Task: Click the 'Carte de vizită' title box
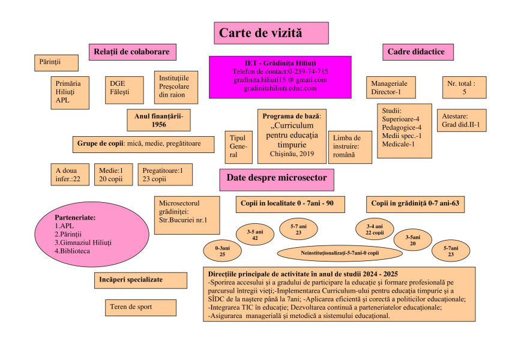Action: [x=271, y=33]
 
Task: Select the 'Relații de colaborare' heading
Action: [x=133, y=52]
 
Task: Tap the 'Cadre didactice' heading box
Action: [x=418, y=52]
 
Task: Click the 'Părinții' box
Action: [x=56, y=63]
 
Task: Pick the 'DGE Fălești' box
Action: [x=124, y=90]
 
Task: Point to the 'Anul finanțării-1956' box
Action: [x=158, y=120]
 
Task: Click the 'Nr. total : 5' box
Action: [x=464, y=88]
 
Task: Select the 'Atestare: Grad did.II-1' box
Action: [x=461, y=121]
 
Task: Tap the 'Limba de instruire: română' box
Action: [x=350, y=148]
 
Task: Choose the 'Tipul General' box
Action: [x=239, y=148]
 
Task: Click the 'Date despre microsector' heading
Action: [x=277, y=180]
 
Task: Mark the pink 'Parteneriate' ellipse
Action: [x=92, y=235]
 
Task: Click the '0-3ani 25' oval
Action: [x=222, y=251]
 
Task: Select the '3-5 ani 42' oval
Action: [x=255, y=235]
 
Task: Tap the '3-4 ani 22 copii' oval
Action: [x=375, y=229]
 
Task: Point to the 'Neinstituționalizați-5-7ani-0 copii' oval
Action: [x=340, y=253]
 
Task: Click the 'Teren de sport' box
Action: [x=140, y=308]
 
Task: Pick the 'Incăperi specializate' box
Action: [x=140, y=280]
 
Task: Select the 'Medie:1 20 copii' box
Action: [x=113, y=175]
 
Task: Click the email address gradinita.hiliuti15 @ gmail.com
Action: [x=280, y=80]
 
